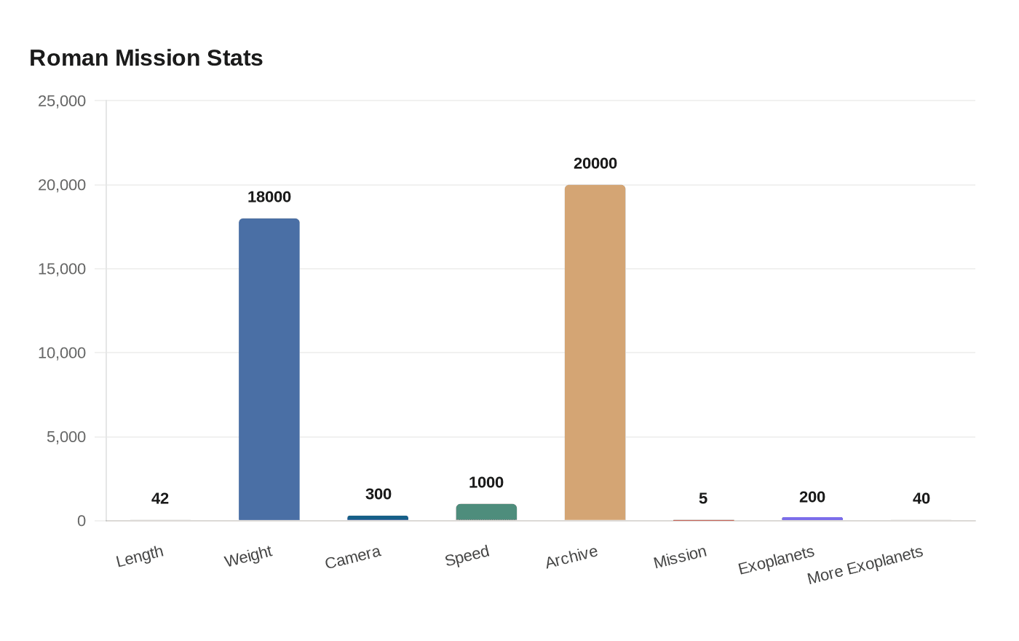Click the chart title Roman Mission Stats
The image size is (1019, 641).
(x=146, y=58)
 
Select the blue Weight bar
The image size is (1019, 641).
(x=269, y=369)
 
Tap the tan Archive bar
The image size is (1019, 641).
(x=595, y=353)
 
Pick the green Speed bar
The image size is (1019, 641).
(x=486, y=512)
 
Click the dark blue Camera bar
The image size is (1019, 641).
(x=378, y=518)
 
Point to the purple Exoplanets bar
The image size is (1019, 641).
(x=812, y=519)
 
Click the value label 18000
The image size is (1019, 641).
(x=269, y=197)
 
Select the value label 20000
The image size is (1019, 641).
(x=595, y=163)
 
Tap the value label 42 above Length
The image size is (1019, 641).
(x=160, y=498)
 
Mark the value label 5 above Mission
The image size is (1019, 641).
(x=703, y=498)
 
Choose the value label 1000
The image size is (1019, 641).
(x=486, y=482)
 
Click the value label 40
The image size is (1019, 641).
(x=921, y=498)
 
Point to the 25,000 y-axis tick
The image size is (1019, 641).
(x=62, y=101)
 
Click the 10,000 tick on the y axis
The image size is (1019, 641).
(x=62, y=353)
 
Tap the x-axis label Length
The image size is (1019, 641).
(x=140, y=557)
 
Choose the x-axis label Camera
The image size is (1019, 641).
(x=353, y=558)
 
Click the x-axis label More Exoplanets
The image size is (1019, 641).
(x=865, y=565)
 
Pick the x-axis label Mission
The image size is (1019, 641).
(x=680, y=557)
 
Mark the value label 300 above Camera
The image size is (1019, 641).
(x=378, y=494)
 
